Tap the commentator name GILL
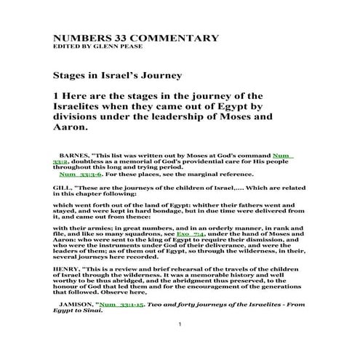pos(62,186)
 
